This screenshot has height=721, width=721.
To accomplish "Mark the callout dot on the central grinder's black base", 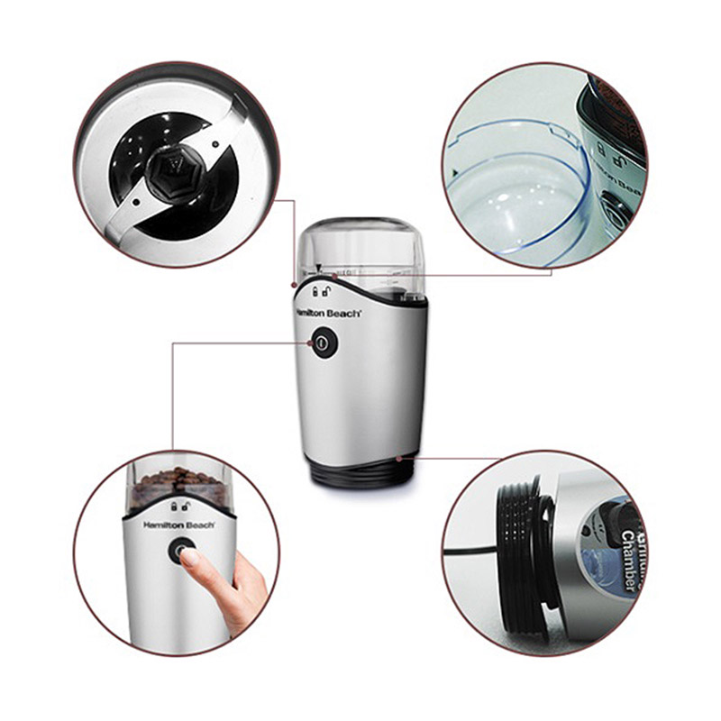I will tap(398, 457).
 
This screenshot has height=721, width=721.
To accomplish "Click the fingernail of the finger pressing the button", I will tap(189, 558).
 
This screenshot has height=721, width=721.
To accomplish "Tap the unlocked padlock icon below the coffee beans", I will tap(188, 507).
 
